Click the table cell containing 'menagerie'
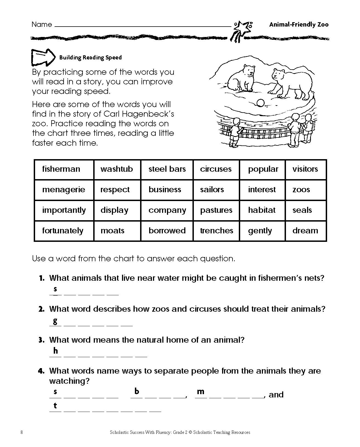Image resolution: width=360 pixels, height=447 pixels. (x=64, y=190)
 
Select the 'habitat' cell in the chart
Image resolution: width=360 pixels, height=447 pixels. (x=262, y=210)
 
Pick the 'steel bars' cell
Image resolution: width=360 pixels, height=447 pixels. (x=167, y=169)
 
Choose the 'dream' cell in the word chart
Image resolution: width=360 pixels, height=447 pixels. (x=305, y=231)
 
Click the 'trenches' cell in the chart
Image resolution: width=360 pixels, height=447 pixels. (x=217, y=231)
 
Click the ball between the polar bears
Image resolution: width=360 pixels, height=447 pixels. (x=260, y=103)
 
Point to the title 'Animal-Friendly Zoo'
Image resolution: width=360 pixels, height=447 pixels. (x=299, y=25)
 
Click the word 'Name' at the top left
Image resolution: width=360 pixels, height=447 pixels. (x=42, y=25)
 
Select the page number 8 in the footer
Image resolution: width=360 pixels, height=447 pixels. (x=22, y=432)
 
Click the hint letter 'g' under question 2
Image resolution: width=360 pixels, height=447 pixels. (x=55, y=321)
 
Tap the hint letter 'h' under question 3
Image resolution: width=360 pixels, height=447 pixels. (x=56, y=351)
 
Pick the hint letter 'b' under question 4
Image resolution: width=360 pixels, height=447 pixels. (x=137, y=391)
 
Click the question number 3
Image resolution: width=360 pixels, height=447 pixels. (x=41, y=340)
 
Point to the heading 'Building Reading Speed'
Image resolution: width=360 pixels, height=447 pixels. (x=90, y=58)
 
